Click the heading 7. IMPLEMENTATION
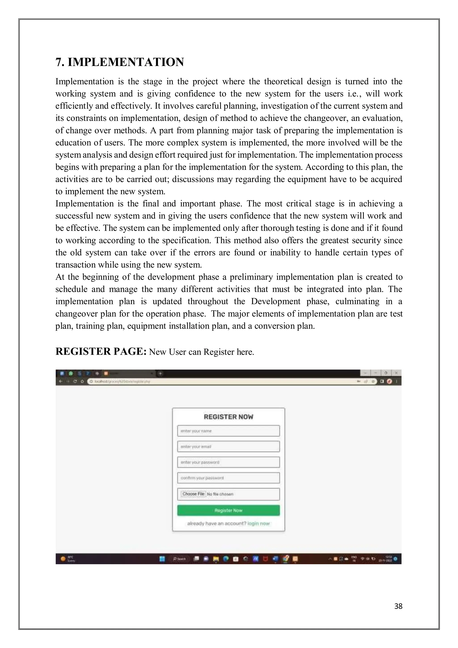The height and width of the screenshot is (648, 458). pos(120,62)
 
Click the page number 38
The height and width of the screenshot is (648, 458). pos(398,606)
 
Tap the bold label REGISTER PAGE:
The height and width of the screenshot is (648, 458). pos(101,352)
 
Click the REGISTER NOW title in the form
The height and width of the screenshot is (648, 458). pos(228,417)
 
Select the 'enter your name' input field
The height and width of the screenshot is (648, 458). pos(228,431)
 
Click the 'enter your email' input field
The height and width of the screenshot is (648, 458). pos(228,446)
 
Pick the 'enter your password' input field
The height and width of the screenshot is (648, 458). pos(228,462)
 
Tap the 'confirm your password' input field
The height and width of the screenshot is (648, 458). pos(228,478)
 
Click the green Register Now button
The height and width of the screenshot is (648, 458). pos(228,510)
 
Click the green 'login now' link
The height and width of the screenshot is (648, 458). pos(259,524)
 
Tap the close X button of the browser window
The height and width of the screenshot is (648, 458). pos(396,373)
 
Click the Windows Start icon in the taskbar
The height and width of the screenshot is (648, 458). pos(162,559)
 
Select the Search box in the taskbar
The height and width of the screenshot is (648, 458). pos(179,559)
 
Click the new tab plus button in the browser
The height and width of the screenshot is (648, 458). pos(160,373)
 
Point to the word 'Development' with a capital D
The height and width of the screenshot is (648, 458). pos(276,301)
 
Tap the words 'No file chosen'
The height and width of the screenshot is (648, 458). pos(220,494)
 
